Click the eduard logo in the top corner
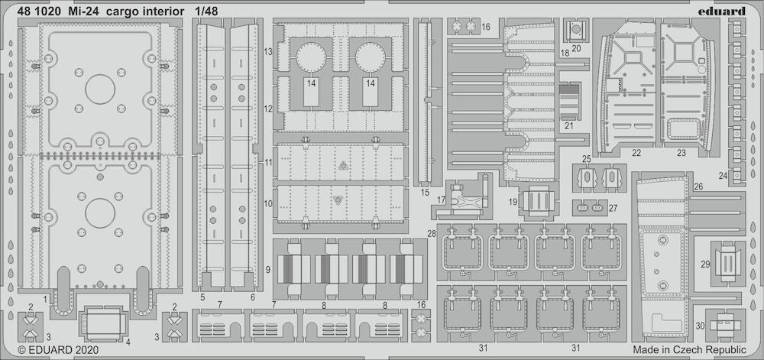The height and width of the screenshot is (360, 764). [724, 11]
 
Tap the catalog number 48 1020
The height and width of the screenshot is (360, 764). [40, 11]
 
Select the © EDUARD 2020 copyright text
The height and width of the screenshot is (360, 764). [58, 350]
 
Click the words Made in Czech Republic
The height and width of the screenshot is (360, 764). [689, 350]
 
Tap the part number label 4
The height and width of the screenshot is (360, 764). [128, 342]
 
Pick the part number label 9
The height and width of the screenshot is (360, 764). [268, 269]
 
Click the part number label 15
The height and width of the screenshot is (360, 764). [425, 193]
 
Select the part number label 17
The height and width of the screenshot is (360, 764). [442, 199]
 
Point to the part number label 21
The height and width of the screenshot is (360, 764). [568, 125]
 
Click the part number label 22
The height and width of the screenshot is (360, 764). [636, 153]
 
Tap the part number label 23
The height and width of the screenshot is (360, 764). [681, 153]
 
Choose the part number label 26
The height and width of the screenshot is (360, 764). [698, 186]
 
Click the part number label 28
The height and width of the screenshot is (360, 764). [432, 235]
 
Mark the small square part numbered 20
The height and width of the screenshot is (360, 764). [576, 31]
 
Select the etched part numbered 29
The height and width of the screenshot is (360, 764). [728, 263]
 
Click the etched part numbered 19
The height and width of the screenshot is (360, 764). [537, 201]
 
